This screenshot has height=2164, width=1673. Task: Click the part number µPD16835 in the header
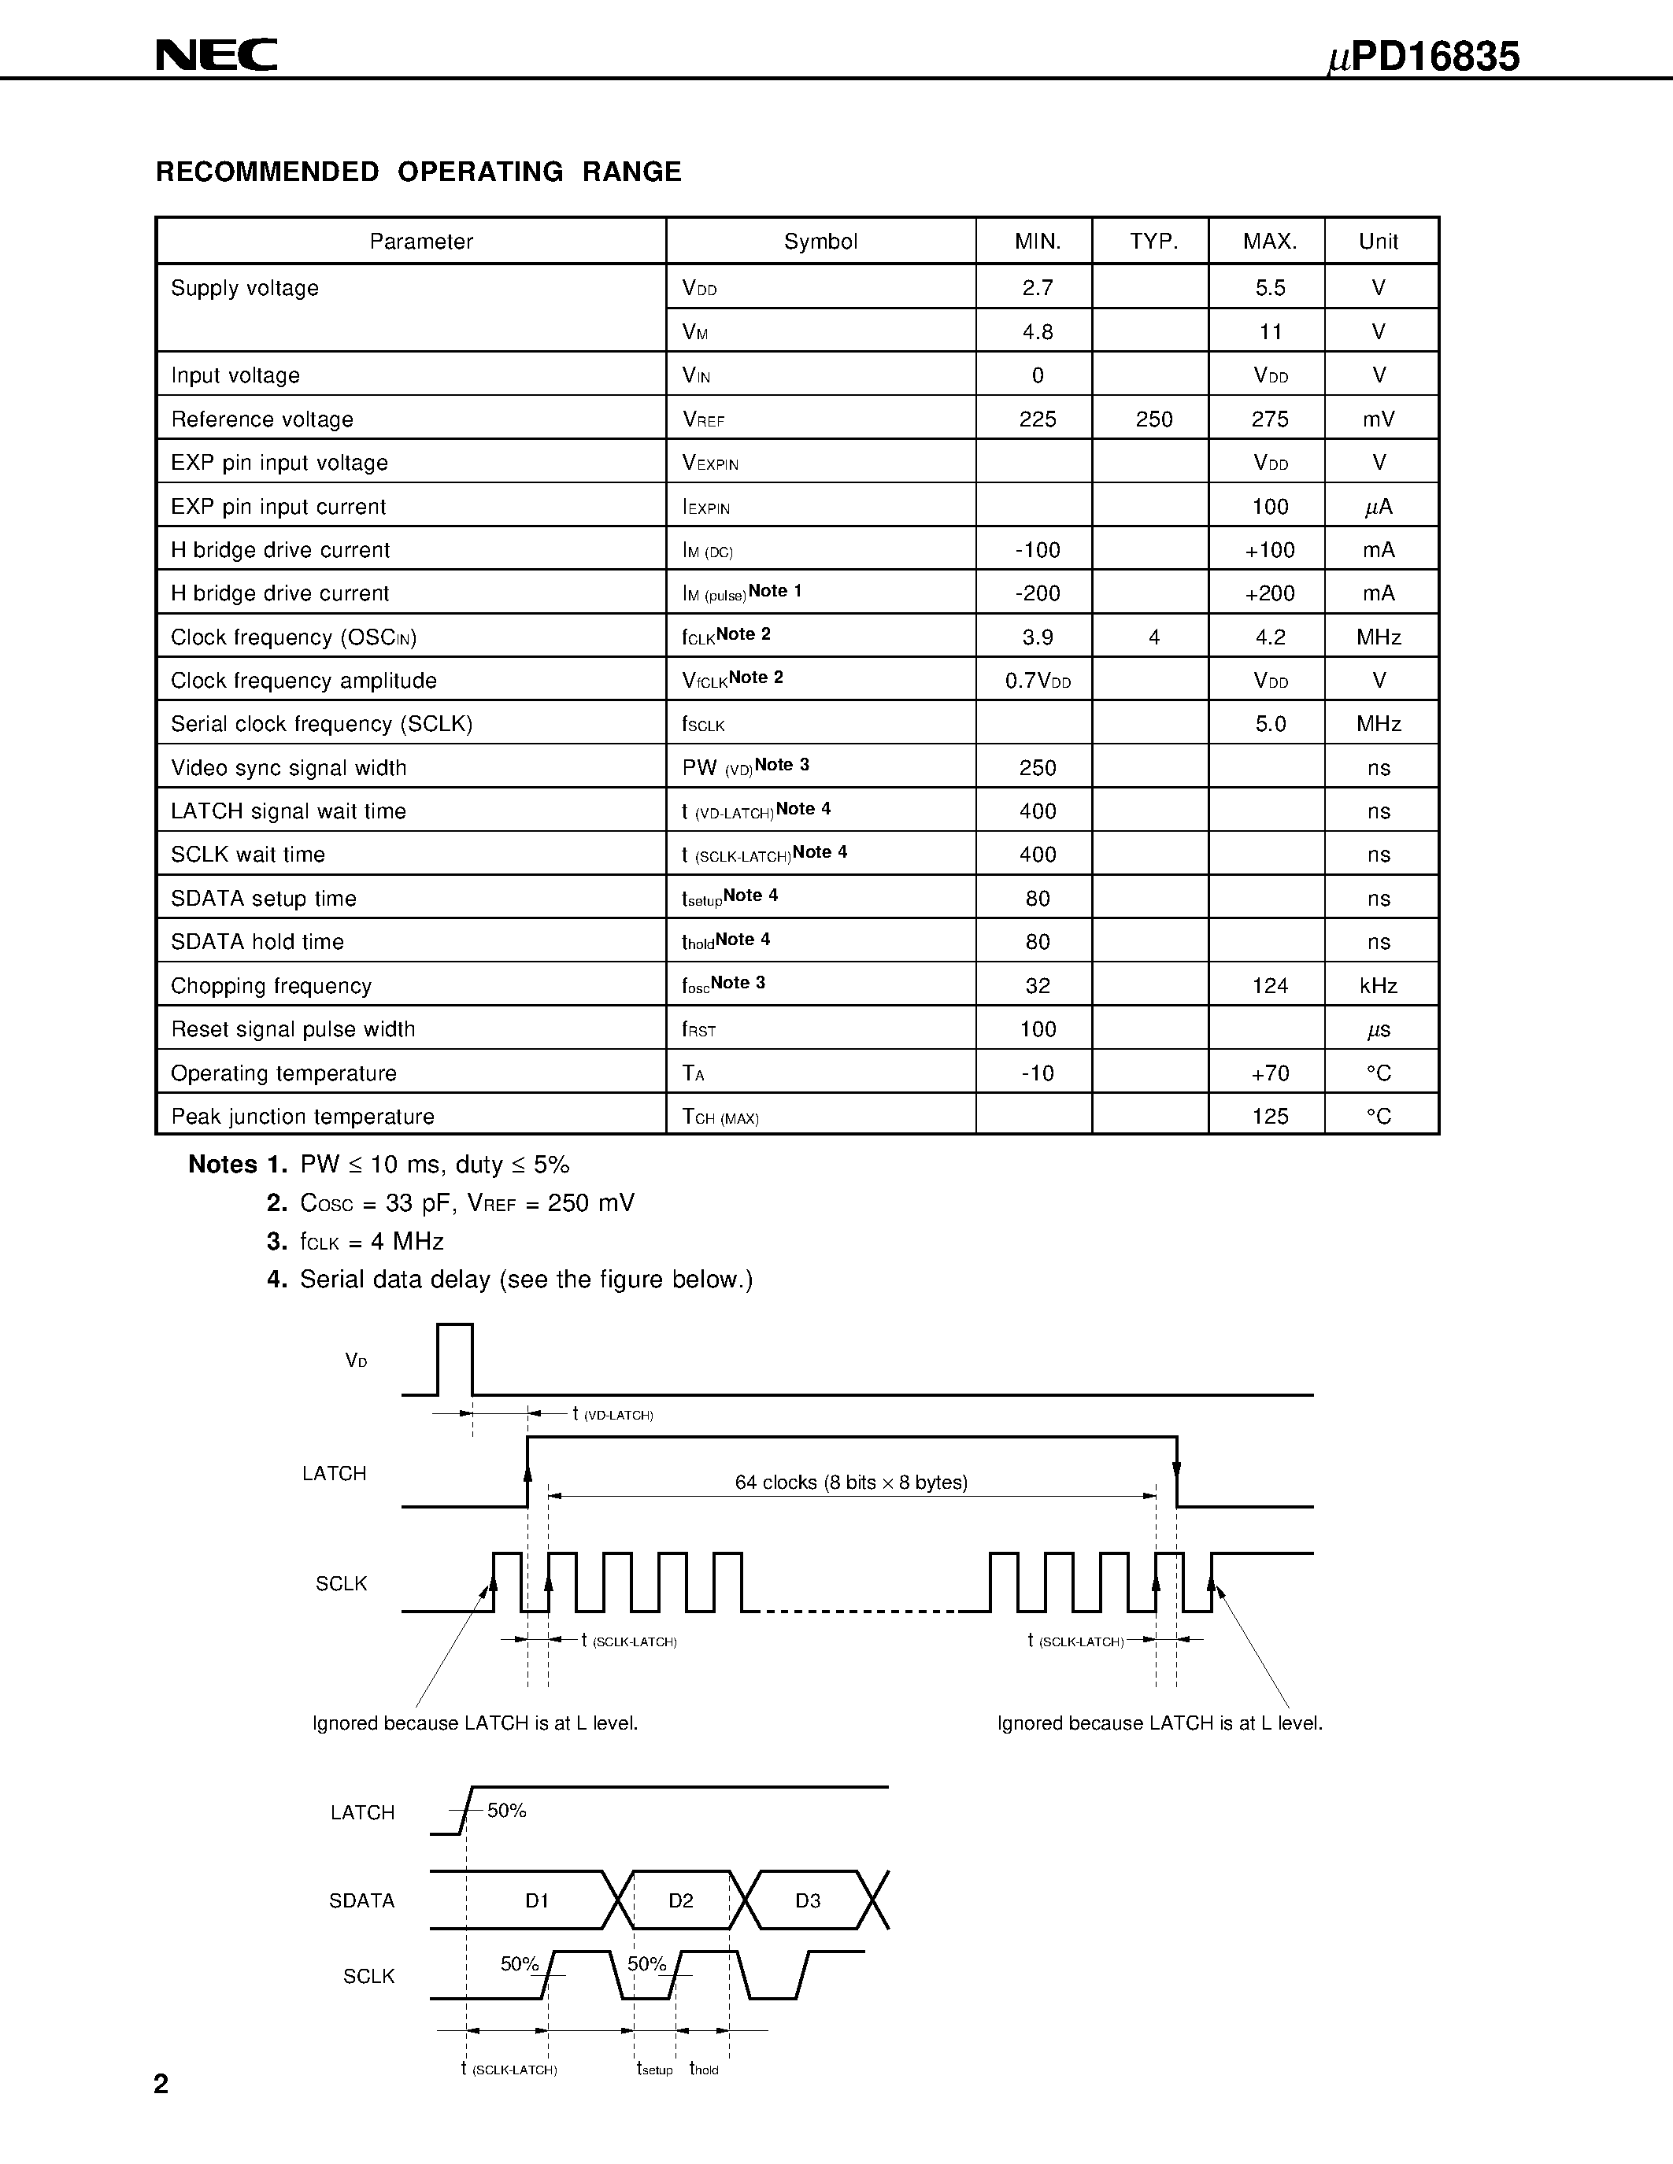point(1423,57)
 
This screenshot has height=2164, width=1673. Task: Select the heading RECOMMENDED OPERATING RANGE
point(418,172)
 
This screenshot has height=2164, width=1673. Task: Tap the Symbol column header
point(820,242)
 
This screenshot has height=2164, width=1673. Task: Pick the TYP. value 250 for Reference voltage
point(1153,419)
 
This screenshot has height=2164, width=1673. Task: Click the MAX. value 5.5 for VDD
point(1270,288)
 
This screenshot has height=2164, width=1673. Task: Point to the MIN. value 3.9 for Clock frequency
point(1037,637)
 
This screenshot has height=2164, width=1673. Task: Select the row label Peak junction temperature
point(302,1117)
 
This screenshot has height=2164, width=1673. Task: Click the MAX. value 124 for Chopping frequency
point(1270,986)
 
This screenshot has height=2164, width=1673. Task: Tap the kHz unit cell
point(1378,986)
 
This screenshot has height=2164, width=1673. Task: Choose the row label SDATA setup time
point(263,899)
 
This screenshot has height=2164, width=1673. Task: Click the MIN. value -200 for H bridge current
point(1037,593)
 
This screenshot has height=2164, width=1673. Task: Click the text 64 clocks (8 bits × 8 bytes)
point(850,1483)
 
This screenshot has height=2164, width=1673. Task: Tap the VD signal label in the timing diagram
point(356,1361)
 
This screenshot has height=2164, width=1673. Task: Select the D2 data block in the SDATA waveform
point(680,1900)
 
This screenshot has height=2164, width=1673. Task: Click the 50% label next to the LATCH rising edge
point(505,1810)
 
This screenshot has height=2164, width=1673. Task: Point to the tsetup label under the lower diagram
point(654,2069)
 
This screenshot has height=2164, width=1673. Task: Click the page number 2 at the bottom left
point(161,2084)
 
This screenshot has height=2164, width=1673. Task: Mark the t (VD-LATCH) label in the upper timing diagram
point(613,1414)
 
